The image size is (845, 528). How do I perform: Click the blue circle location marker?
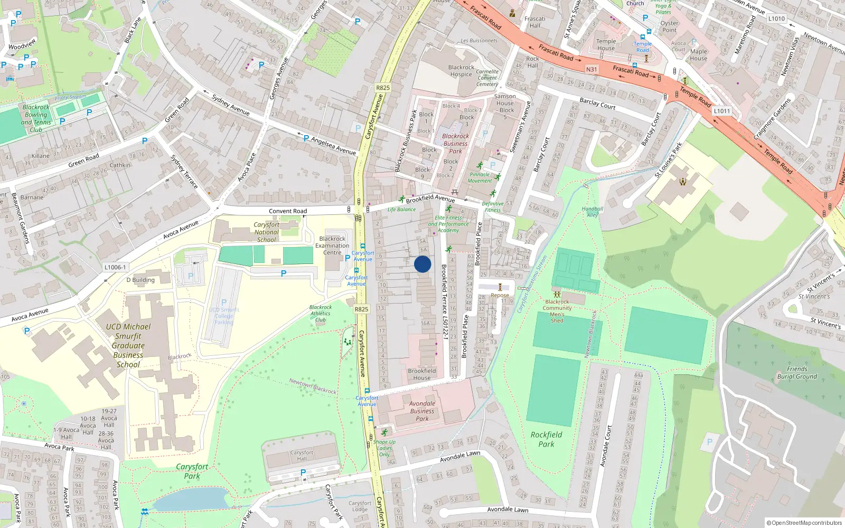tap(422, 264)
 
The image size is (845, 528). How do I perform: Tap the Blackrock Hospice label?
tap(461, 71)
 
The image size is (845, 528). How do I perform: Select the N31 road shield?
tap(591, 69)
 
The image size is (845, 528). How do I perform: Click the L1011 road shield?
tap(721, 111)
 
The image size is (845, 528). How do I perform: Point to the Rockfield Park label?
tap(546, 439)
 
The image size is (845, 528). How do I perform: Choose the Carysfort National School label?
tap(267, 232)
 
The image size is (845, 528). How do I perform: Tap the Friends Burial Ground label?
tap(797, 373)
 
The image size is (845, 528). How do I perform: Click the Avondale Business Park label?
tap(422, 411)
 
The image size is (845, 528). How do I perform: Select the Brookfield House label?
tap(421, 374)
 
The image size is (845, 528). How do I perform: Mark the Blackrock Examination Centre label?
tap(332, 246)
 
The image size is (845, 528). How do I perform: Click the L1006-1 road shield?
tap(115, 267)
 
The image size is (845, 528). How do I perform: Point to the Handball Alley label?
tap(592, 212)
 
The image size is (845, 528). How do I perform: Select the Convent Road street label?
tap(288, 211)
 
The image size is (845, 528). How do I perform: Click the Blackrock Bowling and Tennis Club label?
tap(36, 118)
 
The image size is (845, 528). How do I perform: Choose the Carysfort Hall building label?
tap(302, 455)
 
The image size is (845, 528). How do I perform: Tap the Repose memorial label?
tap(500, 296)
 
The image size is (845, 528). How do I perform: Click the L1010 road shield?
tap(776, 18)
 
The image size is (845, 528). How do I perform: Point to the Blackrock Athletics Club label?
tap(321, 313)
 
